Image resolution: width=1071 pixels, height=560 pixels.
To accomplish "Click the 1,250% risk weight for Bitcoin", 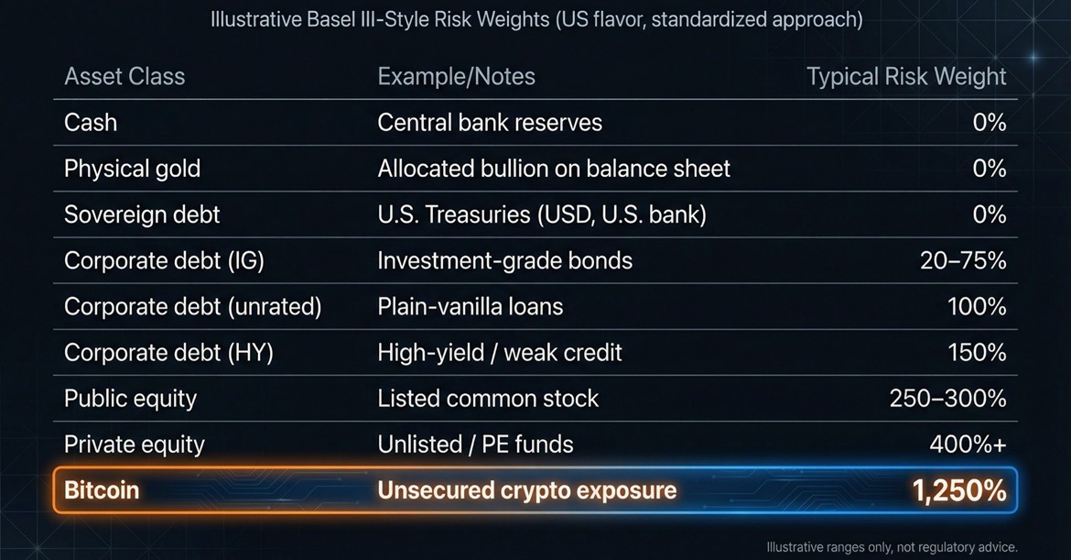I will pos(958,490).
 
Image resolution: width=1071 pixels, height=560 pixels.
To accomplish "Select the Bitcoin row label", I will pos(102,490).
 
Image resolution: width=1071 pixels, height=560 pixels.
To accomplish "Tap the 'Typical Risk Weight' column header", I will pos(906,76).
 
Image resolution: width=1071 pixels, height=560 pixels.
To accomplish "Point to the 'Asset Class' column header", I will pos(124,76).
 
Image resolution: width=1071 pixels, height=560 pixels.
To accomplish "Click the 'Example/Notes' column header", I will pos(456,76).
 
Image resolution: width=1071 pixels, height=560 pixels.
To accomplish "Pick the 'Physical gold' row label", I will pos(132,169).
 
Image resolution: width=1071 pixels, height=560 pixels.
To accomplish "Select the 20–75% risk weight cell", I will pos(962,260).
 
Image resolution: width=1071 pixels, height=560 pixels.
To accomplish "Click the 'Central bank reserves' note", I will pos(490,122).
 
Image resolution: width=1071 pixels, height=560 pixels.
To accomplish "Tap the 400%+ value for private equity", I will pos(968,445).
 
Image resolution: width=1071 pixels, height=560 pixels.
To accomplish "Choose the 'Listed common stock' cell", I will pos(488,399).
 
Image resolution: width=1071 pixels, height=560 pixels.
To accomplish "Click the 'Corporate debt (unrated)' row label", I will pos(192,306).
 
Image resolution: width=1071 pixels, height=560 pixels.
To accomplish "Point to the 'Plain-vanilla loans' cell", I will pos(471,306).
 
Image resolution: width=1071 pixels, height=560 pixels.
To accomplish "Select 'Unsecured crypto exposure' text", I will pos(526,490).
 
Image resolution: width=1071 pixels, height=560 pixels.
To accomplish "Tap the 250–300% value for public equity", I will pos(947,399).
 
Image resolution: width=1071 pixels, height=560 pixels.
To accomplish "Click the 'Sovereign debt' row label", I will pos(142,214).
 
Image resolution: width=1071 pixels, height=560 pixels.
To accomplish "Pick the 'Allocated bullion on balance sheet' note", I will pos(554,169).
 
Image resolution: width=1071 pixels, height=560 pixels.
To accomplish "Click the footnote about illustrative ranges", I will pos(892,547).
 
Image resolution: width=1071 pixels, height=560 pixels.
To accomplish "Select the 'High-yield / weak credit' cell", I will pos(500,353).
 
